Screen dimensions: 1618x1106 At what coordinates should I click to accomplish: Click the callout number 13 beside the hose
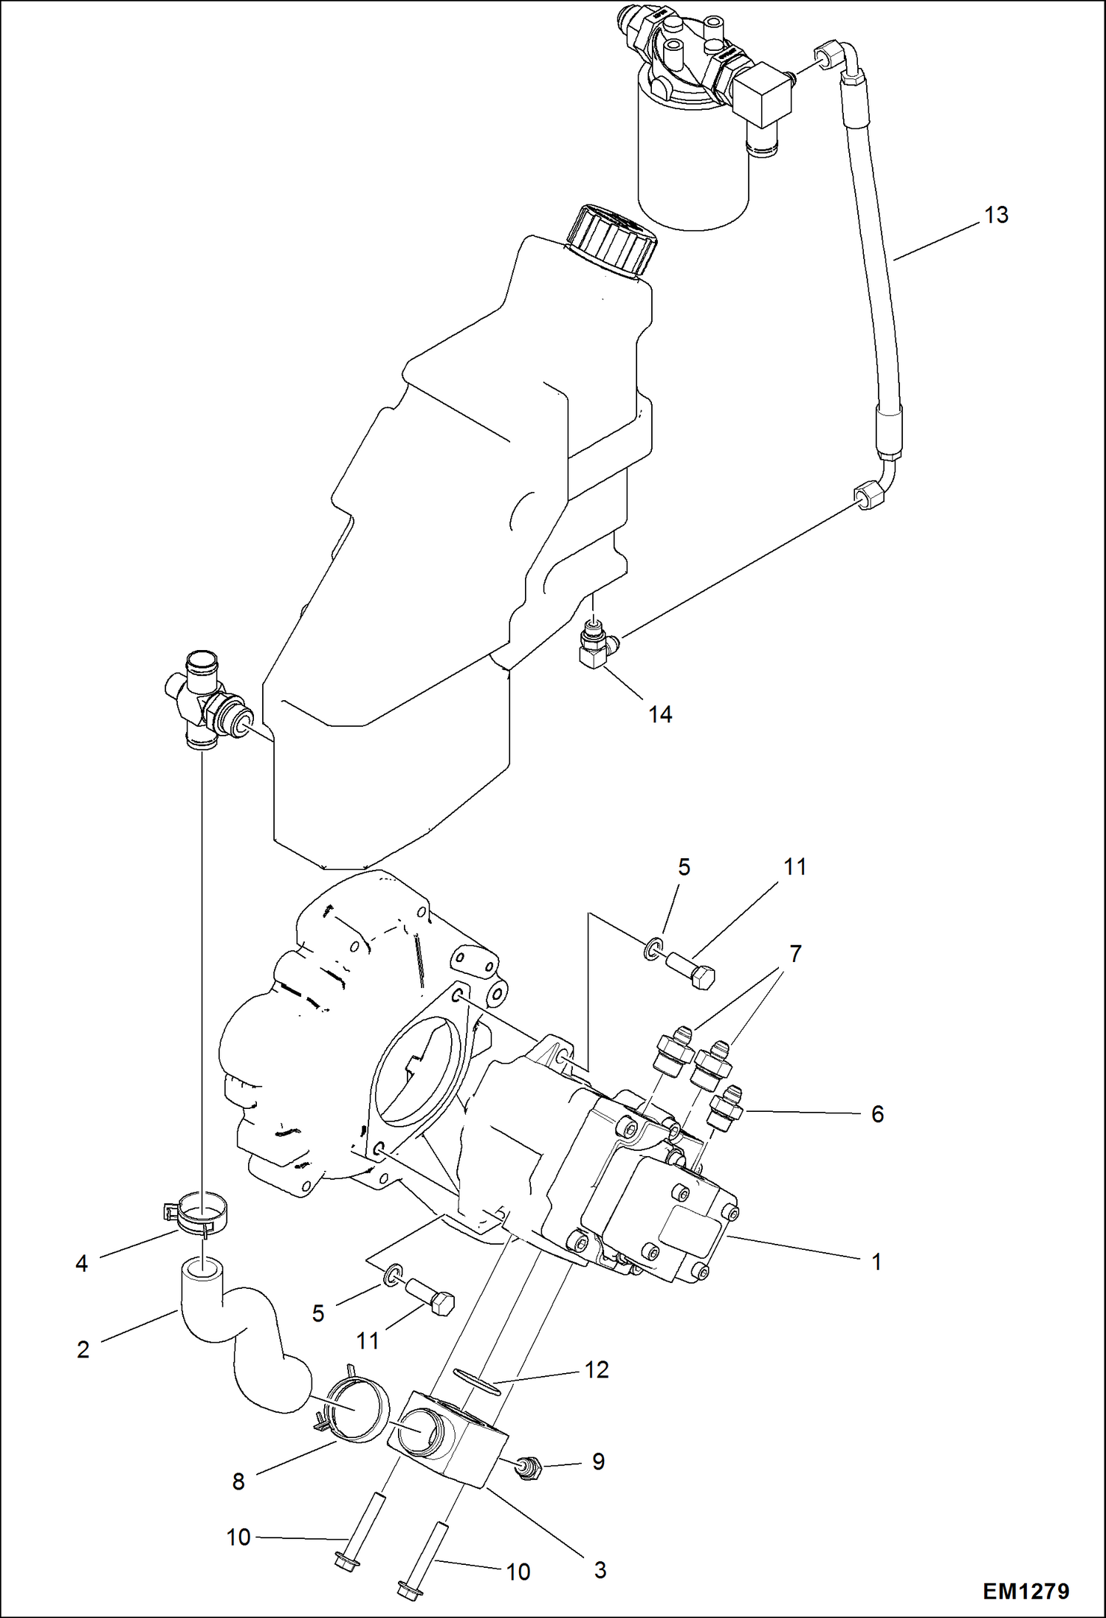click(x=996, y=215)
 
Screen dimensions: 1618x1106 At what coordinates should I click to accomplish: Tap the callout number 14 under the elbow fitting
click(x=660, y=714)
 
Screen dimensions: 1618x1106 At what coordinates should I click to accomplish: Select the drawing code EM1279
click(x=1026, y=1591)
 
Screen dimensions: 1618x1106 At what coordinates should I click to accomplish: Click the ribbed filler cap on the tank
click(x=612, y=241)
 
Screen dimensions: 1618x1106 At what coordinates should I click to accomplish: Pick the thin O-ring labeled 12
click(x=476, y=1380)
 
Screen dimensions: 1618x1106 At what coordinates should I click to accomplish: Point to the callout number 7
click(x=795, y=954)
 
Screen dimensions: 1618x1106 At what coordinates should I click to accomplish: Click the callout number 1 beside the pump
click(x=876, y=1262)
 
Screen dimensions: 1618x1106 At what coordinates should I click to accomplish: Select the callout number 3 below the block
click(x=600, y=1570)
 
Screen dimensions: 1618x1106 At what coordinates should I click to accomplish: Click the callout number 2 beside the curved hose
click(x=83, y=1349)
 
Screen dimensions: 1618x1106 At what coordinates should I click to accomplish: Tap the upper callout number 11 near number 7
click(x=794, y=867)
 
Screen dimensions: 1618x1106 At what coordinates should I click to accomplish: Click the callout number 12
click(x=597, y=1370)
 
